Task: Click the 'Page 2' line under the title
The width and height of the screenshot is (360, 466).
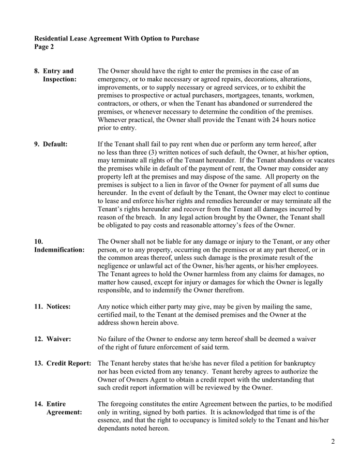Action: pyautogui.click(x=44, y=47)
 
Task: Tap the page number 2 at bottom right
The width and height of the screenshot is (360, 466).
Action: pyautogui.click(x=333, y=442)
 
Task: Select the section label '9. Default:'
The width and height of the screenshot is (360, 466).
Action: pyautogui.click(x=51, y=144)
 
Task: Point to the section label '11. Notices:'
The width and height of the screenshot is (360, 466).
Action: pyautogui.click(x=52, y=307)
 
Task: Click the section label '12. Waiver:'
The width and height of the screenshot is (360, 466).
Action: pyautogui.click(x=52, y=339)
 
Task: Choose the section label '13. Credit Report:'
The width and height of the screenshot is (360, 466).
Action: pyautogui.click(x=63, y=363)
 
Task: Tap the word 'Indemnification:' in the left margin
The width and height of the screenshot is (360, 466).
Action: pyautogui.click(x=59, y=250)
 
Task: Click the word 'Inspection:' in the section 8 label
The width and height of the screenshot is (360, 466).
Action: pyautogui.click(x=59, y=79)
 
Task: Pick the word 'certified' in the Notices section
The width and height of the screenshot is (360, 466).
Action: pyautogui.click(x=111, y=314)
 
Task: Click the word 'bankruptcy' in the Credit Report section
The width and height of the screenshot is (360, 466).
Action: pyautogui.click(x=298, y=363)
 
